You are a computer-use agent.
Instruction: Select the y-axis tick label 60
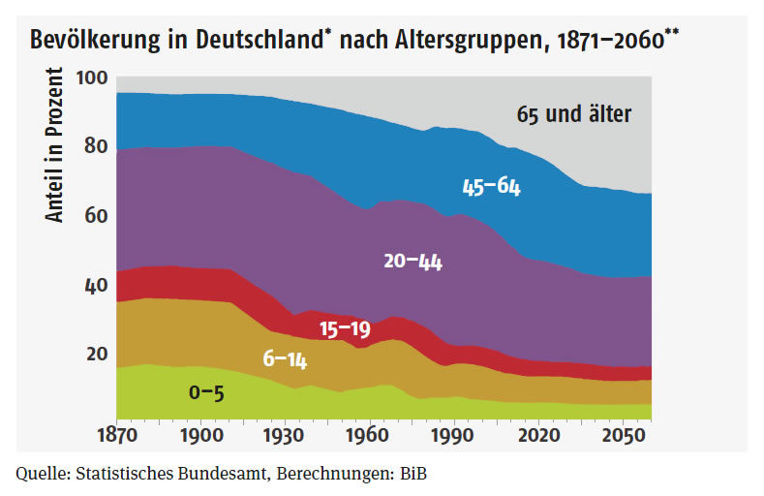95,216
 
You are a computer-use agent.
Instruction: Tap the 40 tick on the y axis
95,286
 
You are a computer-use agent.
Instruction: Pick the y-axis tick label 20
95,354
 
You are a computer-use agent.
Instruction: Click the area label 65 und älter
573,114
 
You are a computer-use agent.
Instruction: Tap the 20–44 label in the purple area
413,261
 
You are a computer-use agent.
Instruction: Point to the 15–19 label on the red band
345,329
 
